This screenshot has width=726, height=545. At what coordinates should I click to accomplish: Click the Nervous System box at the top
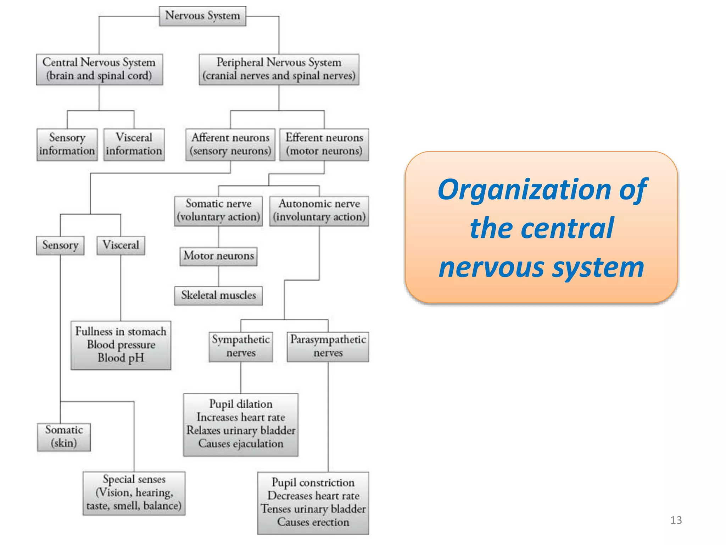tap(202, 16)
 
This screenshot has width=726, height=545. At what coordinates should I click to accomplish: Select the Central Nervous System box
tap(99, 69)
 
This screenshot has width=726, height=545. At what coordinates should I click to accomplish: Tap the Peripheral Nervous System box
tap(279, 69)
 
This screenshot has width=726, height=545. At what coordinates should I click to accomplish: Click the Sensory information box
tap(67, 144)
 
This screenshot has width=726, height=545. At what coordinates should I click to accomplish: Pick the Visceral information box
tap(134, 144)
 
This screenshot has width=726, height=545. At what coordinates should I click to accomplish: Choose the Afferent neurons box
tap(230, 144)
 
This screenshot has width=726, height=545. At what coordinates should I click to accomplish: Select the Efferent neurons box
tap(324, 144)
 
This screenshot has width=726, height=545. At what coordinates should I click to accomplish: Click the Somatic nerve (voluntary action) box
tap(218, 211)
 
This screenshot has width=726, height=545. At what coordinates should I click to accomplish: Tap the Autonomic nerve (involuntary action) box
tap(319, 211)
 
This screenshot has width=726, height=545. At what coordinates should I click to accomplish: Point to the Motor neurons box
tap(218, 256)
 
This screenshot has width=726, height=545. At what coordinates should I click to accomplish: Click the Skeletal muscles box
tap(218, 296)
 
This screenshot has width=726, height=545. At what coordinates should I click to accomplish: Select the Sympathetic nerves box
tap(241, 346)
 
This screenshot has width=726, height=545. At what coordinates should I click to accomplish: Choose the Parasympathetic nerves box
tap(328, 346)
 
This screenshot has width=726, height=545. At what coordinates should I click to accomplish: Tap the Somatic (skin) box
tap(64, 437)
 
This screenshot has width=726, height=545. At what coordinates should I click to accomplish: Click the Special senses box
tap(134, 493)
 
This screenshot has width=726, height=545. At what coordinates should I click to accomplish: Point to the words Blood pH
tap(121, 358)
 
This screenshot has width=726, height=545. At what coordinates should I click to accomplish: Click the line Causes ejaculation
tap(241, 444)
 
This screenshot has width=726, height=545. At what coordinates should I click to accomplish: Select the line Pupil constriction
tap(313, 483)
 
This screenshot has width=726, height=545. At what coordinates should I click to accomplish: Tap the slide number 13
tap(676, 520)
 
